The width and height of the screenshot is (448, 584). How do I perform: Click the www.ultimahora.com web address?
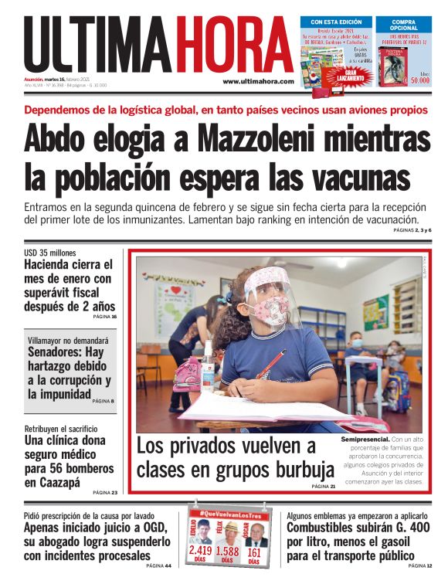[x=258, y=81]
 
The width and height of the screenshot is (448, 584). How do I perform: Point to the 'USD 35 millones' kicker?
[x=51, y=253]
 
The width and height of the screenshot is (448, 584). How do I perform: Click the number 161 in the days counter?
[x=254, y=552]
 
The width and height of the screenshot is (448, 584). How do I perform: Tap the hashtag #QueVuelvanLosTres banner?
[x=228, y=513]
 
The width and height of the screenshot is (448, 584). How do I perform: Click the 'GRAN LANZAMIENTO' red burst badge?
[x=342, y=75]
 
